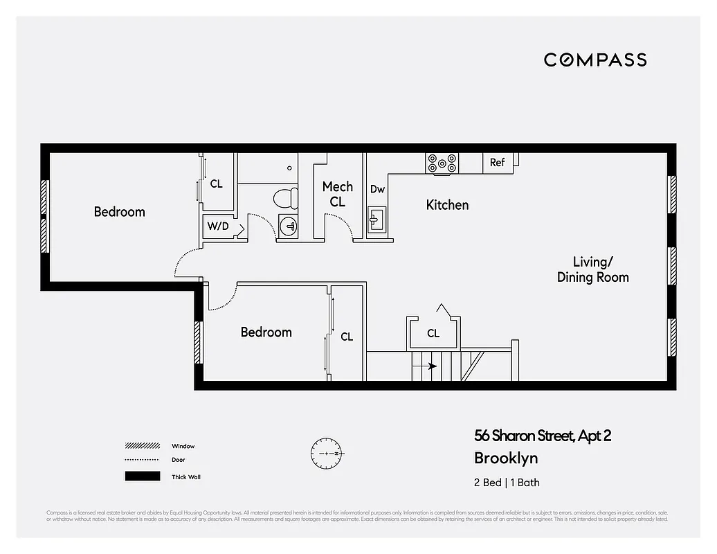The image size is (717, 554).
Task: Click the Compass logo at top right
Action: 595,60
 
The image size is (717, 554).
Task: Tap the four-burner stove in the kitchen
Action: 442,163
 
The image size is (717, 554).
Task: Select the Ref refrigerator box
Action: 498,163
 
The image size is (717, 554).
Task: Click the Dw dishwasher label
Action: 377,189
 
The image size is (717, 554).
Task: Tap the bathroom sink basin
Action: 289,225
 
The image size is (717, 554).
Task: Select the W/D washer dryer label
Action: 217,226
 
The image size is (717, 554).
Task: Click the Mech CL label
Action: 338,194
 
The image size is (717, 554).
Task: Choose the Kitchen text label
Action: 447,205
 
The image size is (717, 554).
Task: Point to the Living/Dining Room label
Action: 592,269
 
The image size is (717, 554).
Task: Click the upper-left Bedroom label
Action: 120,212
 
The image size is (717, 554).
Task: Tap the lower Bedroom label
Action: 266,332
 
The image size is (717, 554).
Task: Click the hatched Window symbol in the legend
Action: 141,446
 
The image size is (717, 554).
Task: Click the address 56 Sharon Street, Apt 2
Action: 543,436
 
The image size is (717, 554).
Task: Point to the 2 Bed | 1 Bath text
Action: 506,483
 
